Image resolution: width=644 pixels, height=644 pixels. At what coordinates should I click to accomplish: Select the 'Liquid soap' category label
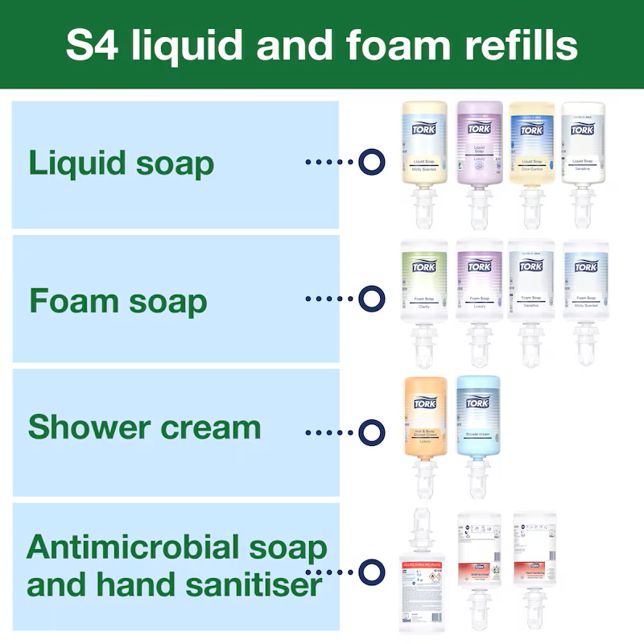pyautogui.click(x=122, y=163)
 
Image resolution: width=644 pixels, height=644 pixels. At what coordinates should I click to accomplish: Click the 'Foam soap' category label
pyautogui.click(x=118, y=301)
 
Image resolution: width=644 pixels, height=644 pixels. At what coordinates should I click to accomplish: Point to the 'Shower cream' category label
pyautogui.click(x=144, y=427)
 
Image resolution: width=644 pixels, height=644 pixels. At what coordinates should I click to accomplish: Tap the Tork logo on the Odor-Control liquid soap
pyautogui.click(x=532, y=130)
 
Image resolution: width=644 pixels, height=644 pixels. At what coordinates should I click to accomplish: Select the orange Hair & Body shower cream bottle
pyautogui.click(x=424, y=419)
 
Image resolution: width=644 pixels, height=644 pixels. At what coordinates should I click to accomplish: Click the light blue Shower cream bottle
pyautogui.click(x=478, y=419)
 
